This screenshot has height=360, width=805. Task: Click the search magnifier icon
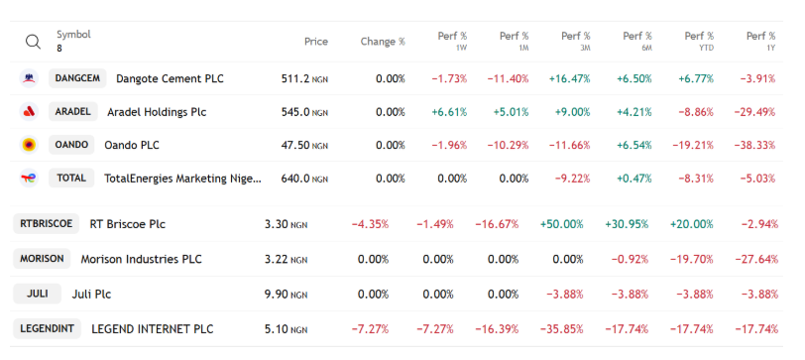coord(33,42)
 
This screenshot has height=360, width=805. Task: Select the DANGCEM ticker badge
coord(77,78)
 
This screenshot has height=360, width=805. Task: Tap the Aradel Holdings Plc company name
coord(157,112)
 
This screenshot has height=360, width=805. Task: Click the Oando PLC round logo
coord(29,145)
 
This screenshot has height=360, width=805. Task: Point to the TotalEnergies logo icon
coord(29,179)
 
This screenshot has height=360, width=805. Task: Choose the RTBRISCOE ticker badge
coord(47,224)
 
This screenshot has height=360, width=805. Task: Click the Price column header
coord(315,42)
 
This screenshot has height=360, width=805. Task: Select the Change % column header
coord(383,42)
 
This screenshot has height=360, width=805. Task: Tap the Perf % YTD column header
coord(699,41)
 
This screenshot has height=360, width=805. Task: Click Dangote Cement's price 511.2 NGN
coord(304,78)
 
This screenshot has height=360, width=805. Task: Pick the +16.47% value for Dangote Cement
coord(569,78)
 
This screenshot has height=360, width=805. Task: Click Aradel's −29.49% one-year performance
coord(754,112)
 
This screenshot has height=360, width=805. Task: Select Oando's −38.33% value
coord(754,146)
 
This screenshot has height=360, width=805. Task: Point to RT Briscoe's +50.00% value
coord(562,224)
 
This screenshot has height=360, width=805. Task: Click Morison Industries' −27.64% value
coord(756,259)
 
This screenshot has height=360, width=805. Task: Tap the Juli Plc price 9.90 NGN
coord(286,295)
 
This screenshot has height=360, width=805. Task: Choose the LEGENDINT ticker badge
coord(48,328)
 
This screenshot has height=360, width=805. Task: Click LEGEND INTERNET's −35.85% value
coord(562,328)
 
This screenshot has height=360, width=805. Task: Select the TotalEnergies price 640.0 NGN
coord(304,179)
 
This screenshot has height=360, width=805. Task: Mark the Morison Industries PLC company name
coord(141,259)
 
